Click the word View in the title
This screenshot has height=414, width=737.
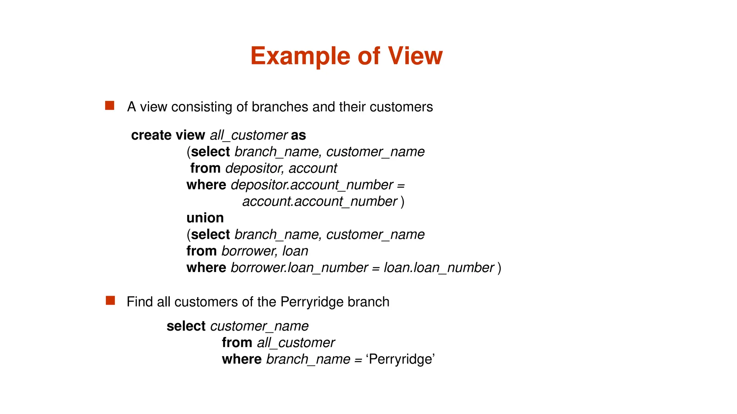(415, 56)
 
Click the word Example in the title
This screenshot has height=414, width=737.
(300, 56)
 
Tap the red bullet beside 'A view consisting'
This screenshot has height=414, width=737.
(110, 105)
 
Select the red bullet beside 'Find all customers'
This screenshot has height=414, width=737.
(110, 300)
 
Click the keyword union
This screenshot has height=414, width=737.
(205, 218)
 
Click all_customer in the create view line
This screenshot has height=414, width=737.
(248, 135)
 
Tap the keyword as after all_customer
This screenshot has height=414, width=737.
(298, 135)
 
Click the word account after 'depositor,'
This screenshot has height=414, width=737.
(313, 168)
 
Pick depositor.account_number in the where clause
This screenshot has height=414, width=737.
(312, 185)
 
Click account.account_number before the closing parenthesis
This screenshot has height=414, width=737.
(320, 201)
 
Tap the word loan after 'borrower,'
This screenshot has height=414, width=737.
(295, 251)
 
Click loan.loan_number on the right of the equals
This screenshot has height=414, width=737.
(439, 268)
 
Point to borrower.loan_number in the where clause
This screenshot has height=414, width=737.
(299, 268)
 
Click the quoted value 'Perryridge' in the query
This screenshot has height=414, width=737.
(400, 359)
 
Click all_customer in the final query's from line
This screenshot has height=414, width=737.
(295, 342)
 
